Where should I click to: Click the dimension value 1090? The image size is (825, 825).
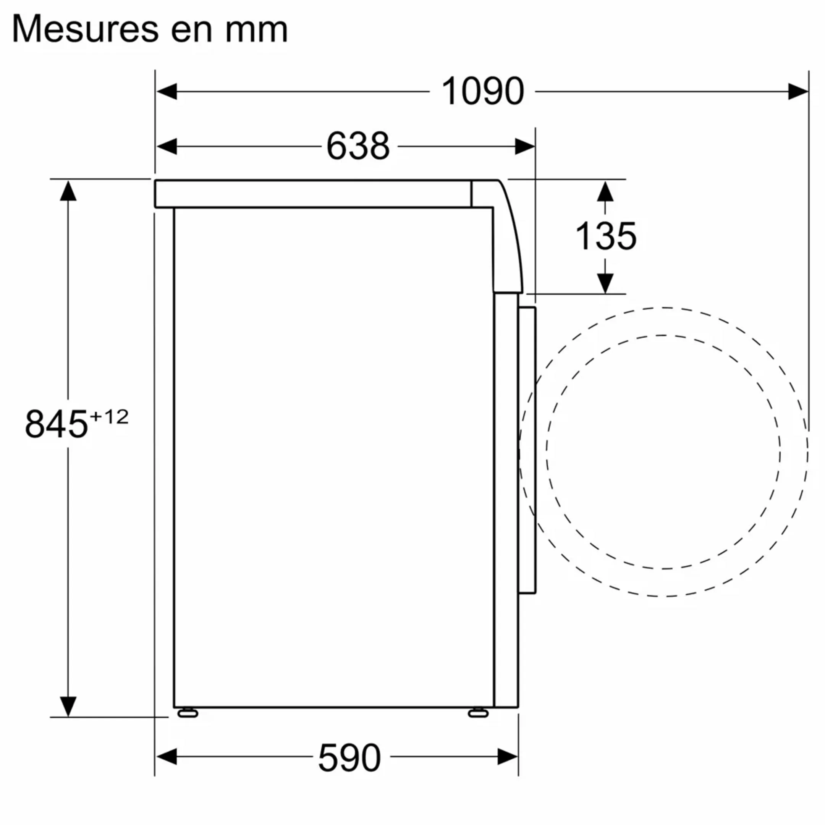[x=482, y=91]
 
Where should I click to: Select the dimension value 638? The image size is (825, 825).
[x=358, y=146]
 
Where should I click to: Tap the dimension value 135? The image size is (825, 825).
[x=605, y=236]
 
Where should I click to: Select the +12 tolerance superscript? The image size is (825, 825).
[x=109, y=417]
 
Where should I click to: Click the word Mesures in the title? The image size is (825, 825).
[x=86, y=29]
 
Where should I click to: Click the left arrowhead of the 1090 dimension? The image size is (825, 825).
[x=167, y=91]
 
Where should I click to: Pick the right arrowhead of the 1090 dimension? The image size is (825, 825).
[x=797, y=91]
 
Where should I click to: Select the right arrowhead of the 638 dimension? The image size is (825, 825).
[x=524, y=146]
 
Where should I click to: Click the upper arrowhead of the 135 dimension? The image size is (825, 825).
[x=605, y=191]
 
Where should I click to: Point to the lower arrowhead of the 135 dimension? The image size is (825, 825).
[x=605, y=283]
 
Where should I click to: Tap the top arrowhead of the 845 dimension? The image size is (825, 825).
[x=68, y=191]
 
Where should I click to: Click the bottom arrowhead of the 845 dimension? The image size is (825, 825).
[x=68, y=706]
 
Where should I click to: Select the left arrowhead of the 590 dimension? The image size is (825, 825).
[x=167, y=757]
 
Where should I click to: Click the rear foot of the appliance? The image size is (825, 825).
[x=188, y=713]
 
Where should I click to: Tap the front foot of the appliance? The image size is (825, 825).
[x=478, y=713]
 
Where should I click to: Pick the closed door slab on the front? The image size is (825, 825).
[x=527, y=450]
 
